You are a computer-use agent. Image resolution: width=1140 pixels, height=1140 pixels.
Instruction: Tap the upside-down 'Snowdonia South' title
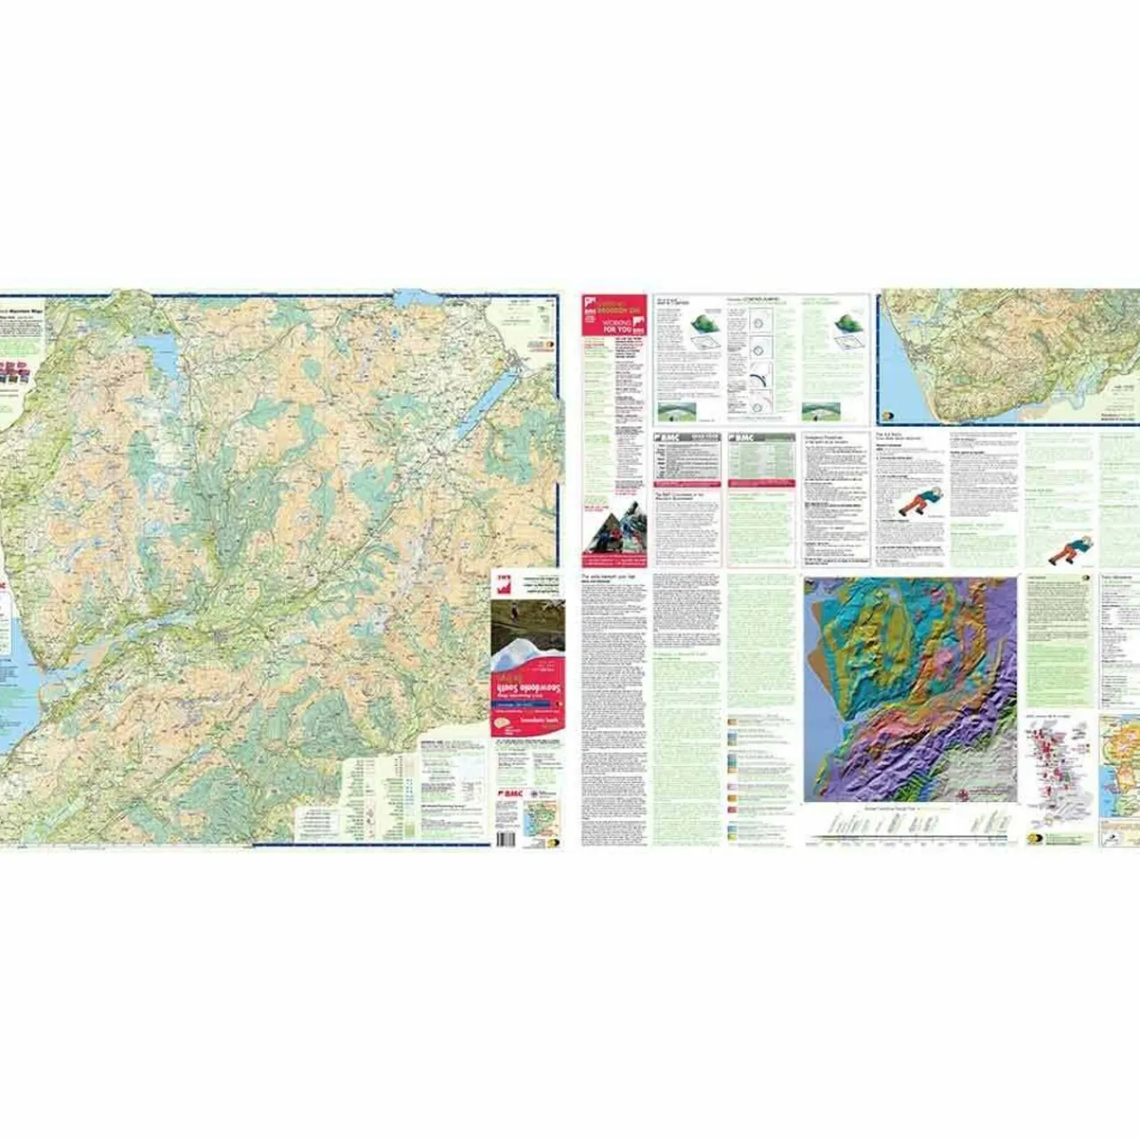point(526,689)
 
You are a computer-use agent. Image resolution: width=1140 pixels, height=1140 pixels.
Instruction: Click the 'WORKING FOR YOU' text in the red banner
point(617,325)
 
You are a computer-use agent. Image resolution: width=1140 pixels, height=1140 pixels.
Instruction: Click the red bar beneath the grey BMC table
point(687,485)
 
